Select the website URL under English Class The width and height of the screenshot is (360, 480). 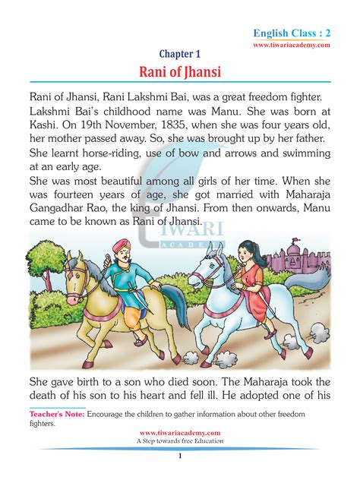pos(292,46)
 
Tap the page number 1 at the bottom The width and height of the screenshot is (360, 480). pos(180,456)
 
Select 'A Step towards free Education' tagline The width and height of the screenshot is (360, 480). pos(180,441)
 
